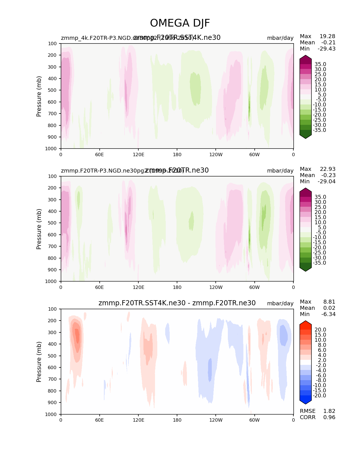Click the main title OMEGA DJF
(x=180, y=23)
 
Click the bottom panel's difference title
(x=177, y=303)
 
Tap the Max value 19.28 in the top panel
(x=327, y=36)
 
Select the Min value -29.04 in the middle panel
(x=327, y=182)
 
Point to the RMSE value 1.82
(x=329, y=411)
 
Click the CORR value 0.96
(x=329, y=417)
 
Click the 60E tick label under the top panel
(x=99, y=154)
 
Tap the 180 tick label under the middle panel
(x=177, y=287)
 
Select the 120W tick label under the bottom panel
(x=216, y=420)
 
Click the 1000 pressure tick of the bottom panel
(x=52, y=414)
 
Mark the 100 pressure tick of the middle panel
(x=53, y=176)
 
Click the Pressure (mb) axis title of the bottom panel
(x=39, y=362)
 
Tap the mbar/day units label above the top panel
(x=280, y=38)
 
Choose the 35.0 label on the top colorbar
(x=320, y=64)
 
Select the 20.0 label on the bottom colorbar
(x=320, y=330)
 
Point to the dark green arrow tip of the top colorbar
(x=306, y=137)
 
